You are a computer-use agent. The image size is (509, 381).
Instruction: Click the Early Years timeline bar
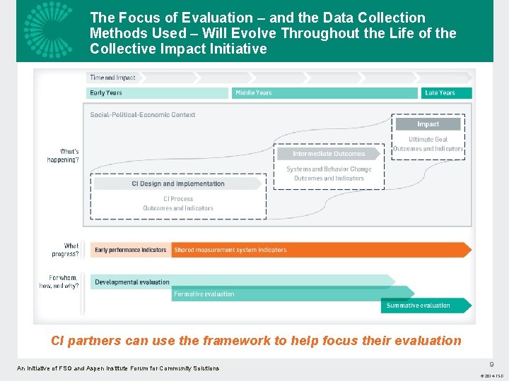[x=158, y=92]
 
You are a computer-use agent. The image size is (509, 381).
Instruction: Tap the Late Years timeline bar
[x=447, y=92]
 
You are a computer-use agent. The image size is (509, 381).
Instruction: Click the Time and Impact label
[x=112, y=78]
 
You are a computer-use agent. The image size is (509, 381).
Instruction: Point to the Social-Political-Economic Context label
[x=143, y=114]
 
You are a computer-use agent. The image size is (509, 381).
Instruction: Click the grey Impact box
[x=428, y=124]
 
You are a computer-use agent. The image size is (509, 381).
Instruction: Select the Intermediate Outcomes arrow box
[x=329, y=153]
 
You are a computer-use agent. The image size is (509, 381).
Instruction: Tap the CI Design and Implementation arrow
[x=177, y=183]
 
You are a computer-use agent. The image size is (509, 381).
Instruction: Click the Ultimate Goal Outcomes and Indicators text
[x=428, y=144]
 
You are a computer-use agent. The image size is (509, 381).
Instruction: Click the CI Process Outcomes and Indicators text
[x=178, y=203]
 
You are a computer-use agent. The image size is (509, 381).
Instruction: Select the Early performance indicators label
[x=131, y=250]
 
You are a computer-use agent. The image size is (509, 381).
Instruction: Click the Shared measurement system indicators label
[x=230, y=250]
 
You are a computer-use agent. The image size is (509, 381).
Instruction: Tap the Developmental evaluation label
[x=132, y=282]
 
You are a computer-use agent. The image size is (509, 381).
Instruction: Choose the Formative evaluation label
[x=204, y=294]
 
